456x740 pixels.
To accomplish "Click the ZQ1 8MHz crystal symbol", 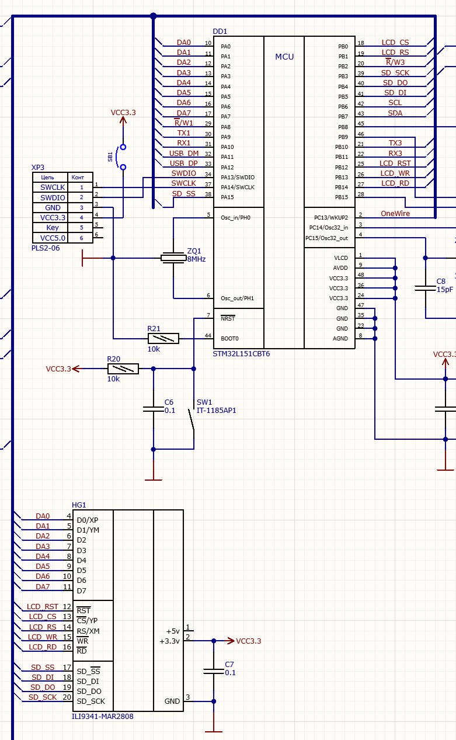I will click(174, 258).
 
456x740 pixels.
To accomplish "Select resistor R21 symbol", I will click(163, 339).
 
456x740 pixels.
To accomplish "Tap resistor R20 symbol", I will click(123, 369).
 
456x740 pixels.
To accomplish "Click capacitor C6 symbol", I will click(153, 409).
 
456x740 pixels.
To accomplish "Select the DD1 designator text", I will click(220, 32).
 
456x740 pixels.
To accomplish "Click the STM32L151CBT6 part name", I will click(241, 354).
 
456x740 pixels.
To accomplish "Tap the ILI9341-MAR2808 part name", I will click(102, 716).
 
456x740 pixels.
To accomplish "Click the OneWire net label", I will click(395, 214).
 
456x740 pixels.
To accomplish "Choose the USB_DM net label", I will click(184, 154).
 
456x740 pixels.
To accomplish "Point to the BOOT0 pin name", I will click(229, 339).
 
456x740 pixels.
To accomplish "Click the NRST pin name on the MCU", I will click(228, 319).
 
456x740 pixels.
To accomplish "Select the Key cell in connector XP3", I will click(53, 227).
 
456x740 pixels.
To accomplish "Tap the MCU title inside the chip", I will click(284, 57).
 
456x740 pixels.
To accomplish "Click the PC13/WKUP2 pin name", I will click(330, 217).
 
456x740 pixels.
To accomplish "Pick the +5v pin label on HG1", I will click(173, 631).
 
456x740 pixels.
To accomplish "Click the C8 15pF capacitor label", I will click(444, 285).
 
